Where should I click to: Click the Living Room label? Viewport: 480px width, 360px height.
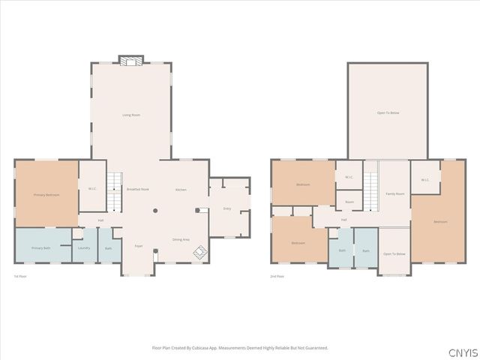(x=131, y=115)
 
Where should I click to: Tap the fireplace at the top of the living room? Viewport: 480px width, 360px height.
(x=131, y=60)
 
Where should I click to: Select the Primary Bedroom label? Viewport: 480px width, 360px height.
(x=46, y=195)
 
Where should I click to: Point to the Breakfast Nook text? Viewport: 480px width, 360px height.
(x=137, y=190)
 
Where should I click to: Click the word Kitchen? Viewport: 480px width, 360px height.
(x=181, y=190)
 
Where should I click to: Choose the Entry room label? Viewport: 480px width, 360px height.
(x=226, y=208)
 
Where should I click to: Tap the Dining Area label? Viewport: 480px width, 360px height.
(x=181, y=239)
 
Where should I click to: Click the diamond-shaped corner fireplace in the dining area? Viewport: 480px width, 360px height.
(x=200, y=253)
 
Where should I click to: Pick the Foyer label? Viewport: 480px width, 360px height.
(x=139, y=246)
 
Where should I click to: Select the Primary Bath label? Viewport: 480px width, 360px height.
(x=40, y=248)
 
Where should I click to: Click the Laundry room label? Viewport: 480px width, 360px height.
(x=84, y=248)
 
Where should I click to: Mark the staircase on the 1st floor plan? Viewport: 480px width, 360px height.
(x=113, y=191)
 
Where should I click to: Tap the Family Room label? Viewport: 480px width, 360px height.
(x=394, y=194)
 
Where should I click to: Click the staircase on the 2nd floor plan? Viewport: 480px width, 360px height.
(x=371, y=191)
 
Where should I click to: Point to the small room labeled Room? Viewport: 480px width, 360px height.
(x=349, y=202)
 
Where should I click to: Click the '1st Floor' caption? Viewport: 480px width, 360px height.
(x=20, y=277)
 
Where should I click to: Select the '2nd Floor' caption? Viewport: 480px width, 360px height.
(x=277, y=277)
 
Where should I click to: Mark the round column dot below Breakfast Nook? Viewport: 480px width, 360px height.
(x=154, y=211)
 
